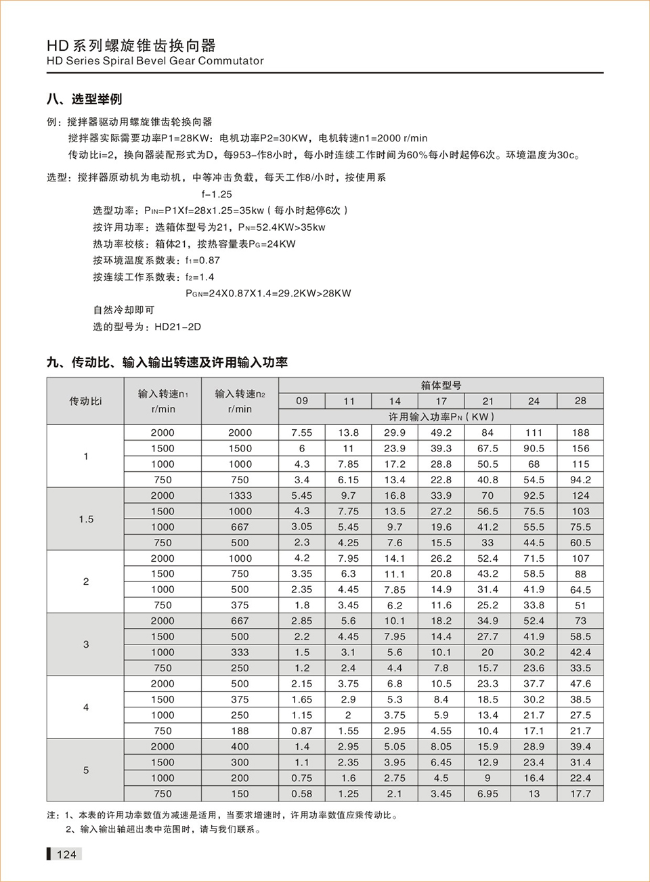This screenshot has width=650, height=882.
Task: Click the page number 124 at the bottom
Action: point(66,854)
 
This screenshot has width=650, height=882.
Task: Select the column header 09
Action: point(302,401)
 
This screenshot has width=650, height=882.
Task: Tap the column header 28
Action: point(580,401)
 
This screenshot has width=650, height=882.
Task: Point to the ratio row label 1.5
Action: point(86,519)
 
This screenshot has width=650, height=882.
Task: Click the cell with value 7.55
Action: point(302,433)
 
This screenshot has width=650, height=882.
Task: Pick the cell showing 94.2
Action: point(580,480)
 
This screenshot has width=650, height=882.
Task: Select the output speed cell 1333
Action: point(240,495)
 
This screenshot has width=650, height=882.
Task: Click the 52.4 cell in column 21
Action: point(487,558)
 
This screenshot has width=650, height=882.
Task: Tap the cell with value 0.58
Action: point(302,793)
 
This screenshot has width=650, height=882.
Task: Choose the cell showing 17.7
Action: point(580,793)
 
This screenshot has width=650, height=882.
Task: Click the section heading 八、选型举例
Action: point(85,100)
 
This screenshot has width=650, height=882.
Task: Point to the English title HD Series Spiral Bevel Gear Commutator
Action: point(155,61)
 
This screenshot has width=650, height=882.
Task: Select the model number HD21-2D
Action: point(177,327)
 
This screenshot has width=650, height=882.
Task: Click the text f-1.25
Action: point(217,194)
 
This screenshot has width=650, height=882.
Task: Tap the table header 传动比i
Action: point(85,401)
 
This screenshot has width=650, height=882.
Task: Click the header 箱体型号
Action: point(441,385)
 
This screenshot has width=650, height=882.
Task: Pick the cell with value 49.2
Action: point(441,433)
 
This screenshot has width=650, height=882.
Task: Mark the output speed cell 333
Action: point(240,653)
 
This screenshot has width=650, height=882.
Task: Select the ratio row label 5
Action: point(86,770)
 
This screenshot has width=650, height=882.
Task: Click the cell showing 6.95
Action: point(487,793)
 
